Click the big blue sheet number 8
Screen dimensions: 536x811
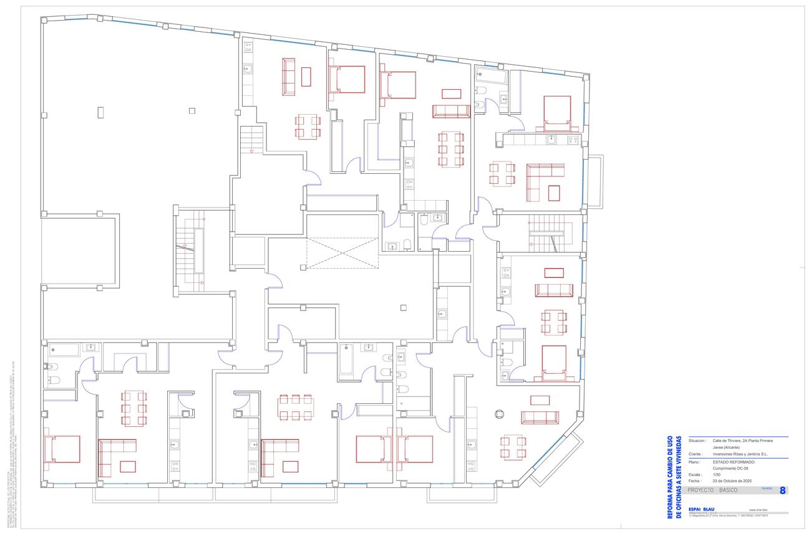tap(782, 491)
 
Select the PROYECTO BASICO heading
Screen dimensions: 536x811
tap(712, 491)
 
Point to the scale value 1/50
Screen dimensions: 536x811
tap(717, 474)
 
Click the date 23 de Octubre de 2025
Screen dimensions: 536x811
tap(732, 481)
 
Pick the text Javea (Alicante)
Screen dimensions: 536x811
tap(726, 447)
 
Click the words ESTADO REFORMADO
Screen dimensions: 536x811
tap(734, 462)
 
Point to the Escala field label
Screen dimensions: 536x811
tap(696, 474)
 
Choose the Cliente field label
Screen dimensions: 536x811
tap(696, 454)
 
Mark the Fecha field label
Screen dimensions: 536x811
tap(695, 481)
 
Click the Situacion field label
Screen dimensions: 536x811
tap(697, 441)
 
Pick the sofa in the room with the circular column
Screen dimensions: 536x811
tap(540, 418)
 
